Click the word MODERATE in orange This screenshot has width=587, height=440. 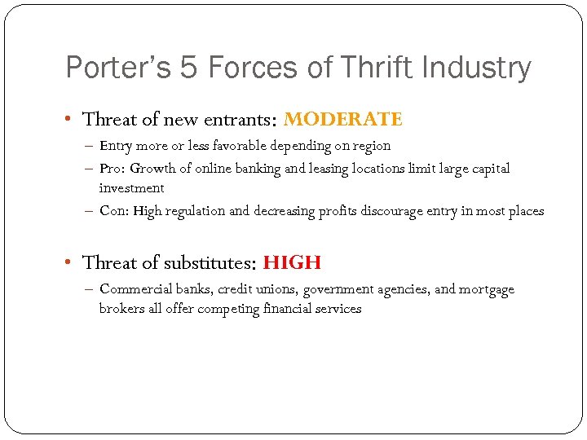(x=343, y=120)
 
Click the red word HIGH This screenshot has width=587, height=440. (x=292, y=262)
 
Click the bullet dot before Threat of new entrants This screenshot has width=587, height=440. (x=70, y=120)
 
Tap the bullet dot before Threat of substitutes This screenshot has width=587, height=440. (x=70, y=262)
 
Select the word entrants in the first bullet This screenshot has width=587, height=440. (x=239, y=120)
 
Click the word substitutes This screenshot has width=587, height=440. (x=210, y=262)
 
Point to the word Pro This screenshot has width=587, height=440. (x=111, y=169)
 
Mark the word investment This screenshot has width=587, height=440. (x=131, y=187)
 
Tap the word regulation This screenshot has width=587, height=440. (x=196, y=210)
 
